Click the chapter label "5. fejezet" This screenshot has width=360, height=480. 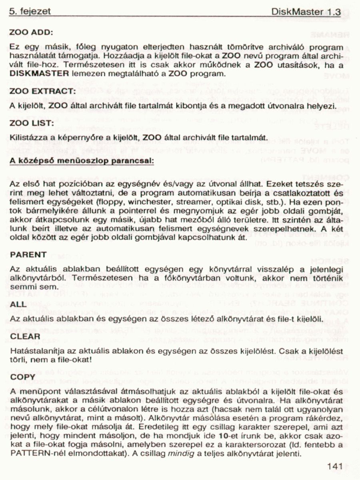pos(30,12)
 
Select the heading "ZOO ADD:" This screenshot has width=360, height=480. pos(32,32)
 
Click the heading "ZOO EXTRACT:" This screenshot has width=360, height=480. pos(43,92)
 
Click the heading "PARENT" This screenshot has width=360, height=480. pos(28,254)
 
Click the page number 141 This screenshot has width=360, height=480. pos(334,466)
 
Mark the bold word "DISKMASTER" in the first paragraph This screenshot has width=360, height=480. pos(38,74)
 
